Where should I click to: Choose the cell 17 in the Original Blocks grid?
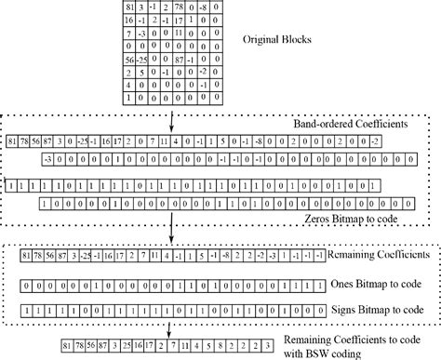pyautogui.click(x=198, y=20)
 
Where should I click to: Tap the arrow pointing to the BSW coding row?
pyautogui.click(x=167, y=327)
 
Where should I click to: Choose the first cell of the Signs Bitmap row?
pyautogui.click(x=34, y=306)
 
